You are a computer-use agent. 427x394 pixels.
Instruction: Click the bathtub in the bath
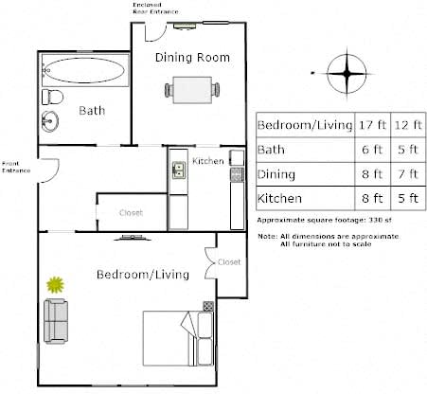(x=85, y=70)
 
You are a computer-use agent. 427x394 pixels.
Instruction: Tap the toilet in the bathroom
(x=52, y=97)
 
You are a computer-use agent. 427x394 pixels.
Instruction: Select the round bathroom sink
(x=50, y=121)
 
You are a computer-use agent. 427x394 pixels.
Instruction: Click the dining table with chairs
(x=192, y=90)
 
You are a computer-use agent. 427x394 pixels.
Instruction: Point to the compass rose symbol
(x=347, y=74)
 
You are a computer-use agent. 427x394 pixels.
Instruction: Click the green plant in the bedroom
(x=56, y=285)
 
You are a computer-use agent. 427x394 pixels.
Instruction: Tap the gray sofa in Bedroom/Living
(x=56, y=321)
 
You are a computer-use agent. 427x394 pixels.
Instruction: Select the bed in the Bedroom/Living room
(x=178, y=338)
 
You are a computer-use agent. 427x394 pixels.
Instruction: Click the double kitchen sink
(x=179, y=170)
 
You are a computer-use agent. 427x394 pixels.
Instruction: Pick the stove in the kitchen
(x=238, y=174)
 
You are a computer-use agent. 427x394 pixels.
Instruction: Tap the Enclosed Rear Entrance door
(x=155, y=32)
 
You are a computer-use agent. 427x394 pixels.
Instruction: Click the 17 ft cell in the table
(x=373, y=125)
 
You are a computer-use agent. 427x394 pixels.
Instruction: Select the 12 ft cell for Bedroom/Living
(x=408, y=125)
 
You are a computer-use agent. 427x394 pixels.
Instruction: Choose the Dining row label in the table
(x=276, y=174)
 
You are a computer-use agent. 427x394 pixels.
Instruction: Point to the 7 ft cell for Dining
(x=408, y=174)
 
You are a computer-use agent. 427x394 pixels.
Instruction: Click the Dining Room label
(x=192, y=58)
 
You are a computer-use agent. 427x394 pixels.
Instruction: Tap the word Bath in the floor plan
(x=92, y=111)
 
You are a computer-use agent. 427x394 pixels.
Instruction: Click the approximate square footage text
(x=324, y=220)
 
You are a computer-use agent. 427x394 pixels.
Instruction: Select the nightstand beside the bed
(x=208, y=306)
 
